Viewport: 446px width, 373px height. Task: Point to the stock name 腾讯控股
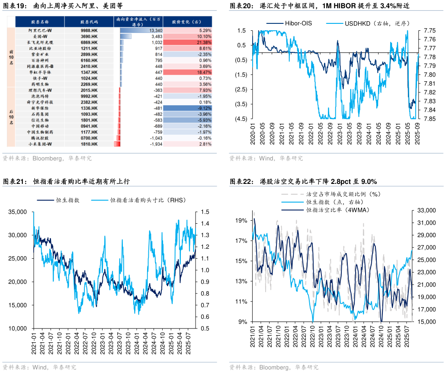(x=40, y=138)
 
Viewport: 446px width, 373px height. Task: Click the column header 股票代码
(x=89, y=21)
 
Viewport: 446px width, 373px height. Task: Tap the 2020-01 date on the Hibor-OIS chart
(x=253, y=132)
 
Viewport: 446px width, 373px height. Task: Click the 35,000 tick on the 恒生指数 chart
(x=18, y=212)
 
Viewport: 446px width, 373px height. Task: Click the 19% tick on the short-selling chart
(x=241, y=220)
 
